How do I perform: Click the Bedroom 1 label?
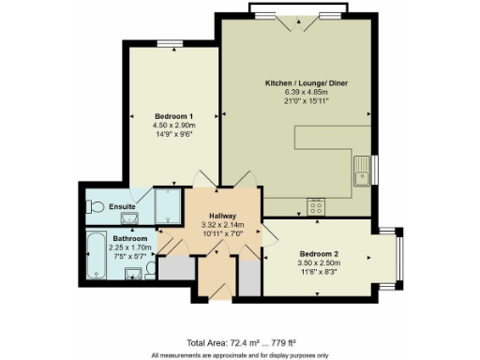[x=171, y=115]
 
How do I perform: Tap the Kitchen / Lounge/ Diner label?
[x=300, y=83]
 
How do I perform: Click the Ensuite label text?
[x=123, y=206]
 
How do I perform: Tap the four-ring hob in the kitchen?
[x=316, y=208]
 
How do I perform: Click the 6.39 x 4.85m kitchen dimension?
[x=300, y=93]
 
